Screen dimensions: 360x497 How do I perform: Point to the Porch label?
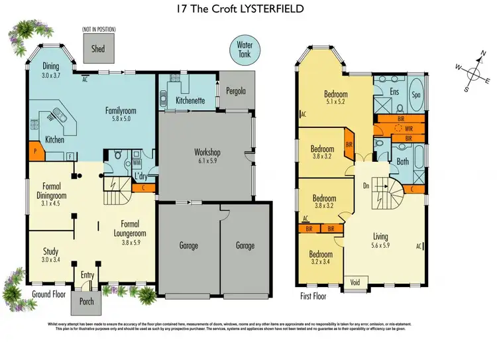pos(86,302)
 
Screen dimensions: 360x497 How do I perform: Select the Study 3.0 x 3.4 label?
pos(51,255)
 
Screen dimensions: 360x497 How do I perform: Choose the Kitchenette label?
pos(190,101)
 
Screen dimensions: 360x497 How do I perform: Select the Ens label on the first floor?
pos(394,91)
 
